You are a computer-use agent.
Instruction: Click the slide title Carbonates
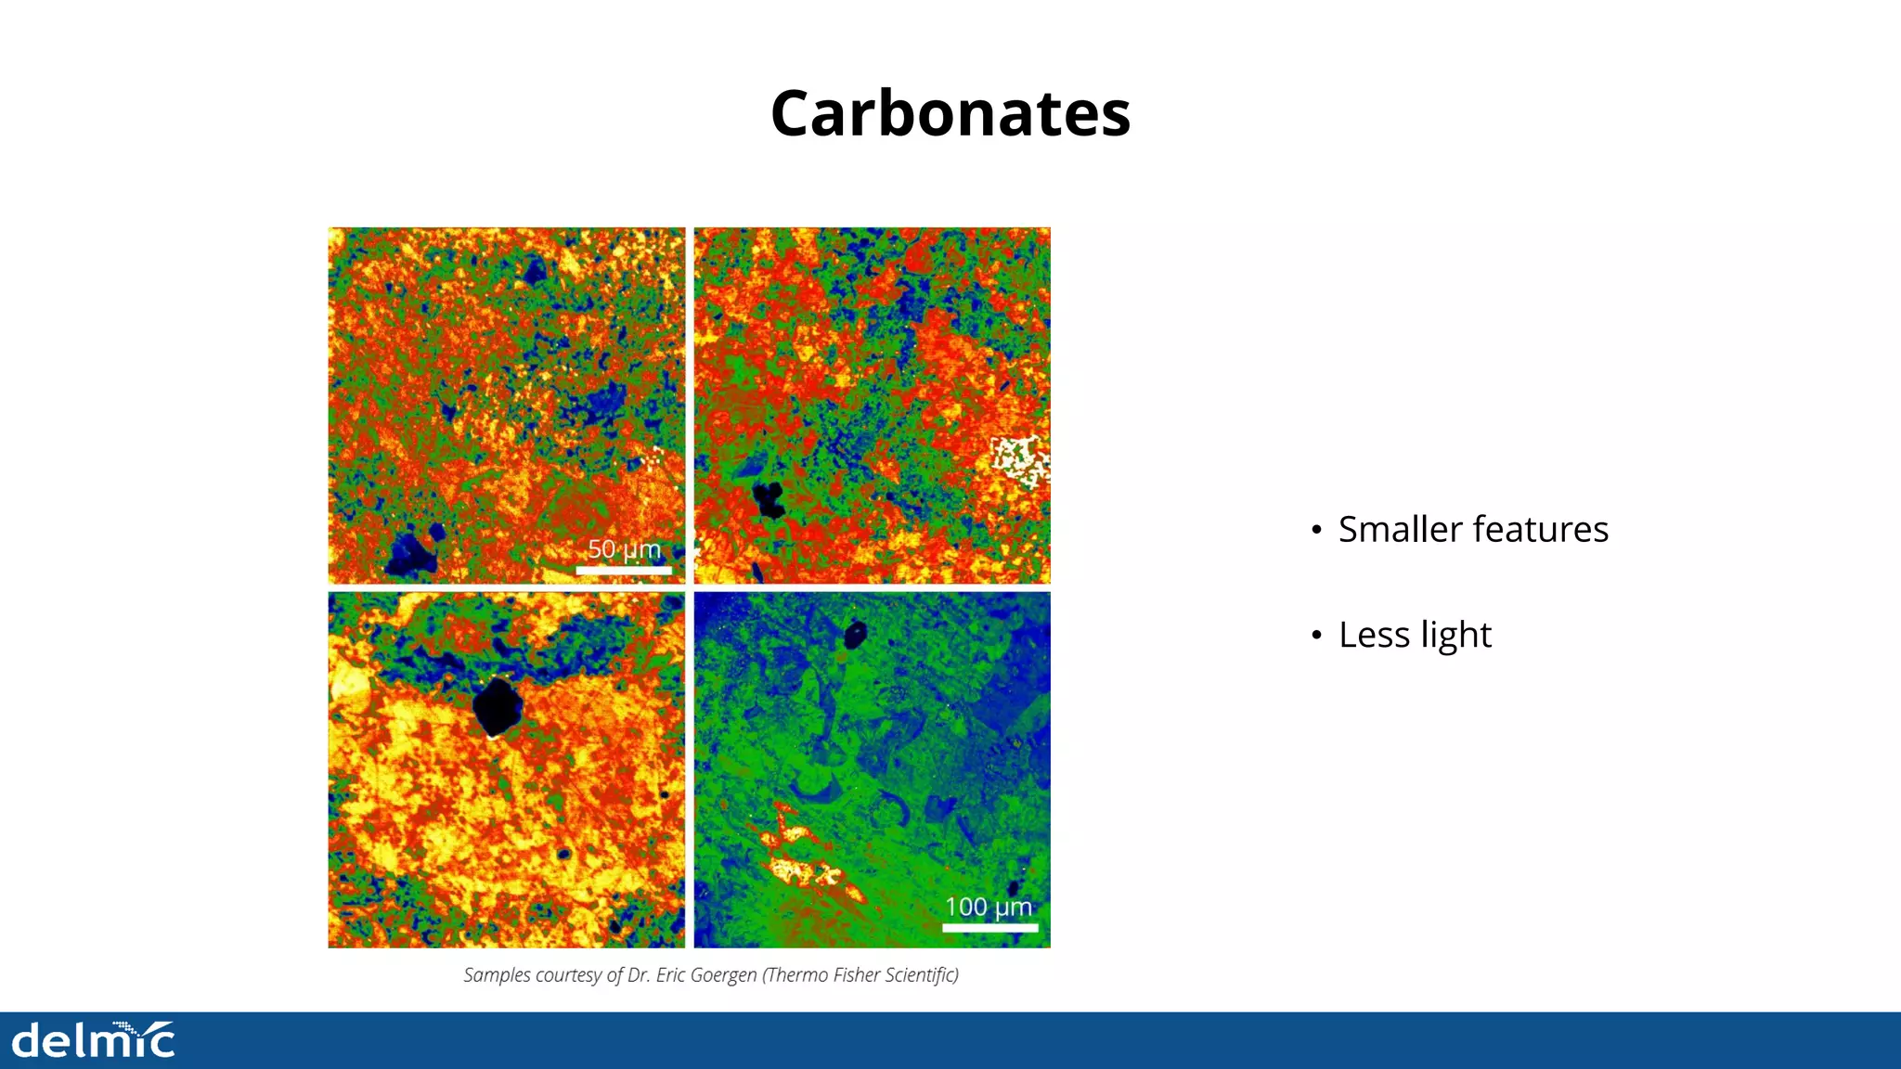pos(950,113)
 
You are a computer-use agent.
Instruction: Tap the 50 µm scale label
pos(624,549)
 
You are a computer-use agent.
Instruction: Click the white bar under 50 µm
pos(624,570)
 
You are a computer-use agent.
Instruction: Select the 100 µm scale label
pos(988,907)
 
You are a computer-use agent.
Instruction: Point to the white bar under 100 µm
pos(989,926)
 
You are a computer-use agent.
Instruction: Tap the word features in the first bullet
pos(1540,529)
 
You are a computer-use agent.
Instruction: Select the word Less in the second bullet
pos(1373,635)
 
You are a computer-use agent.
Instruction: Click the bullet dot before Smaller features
pos(1316,531)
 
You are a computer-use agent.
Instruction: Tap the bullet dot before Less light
pos(1316,637)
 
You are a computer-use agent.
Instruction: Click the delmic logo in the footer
pos(93,1040)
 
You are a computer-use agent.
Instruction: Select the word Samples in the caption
pos(497,975)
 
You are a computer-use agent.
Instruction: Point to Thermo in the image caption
pos(795,975)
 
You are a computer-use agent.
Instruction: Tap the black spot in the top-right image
pos(769,499)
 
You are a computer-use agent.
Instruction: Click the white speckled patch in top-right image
pos(1019,460)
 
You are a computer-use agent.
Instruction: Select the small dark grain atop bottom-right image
pos(854,635)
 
